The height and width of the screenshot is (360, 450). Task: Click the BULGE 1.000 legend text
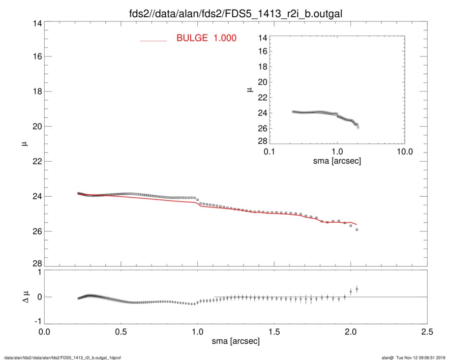[206, 38]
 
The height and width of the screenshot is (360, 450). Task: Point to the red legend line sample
[154, 40]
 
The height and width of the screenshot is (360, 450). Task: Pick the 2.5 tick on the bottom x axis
[427, 332]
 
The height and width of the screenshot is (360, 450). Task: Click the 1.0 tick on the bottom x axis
[197, 332]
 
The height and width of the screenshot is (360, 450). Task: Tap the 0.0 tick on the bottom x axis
[44, 332]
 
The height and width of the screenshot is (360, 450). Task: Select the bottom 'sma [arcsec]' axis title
[235, 342]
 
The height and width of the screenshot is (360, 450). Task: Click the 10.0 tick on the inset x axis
[404, 151]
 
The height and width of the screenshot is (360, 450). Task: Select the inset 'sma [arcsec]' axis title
[337, 161]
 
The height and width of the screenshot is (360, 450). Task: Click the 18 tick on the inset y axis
[262, 67]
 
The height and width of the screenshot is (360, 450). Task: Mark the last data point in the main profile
[357, 230]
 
